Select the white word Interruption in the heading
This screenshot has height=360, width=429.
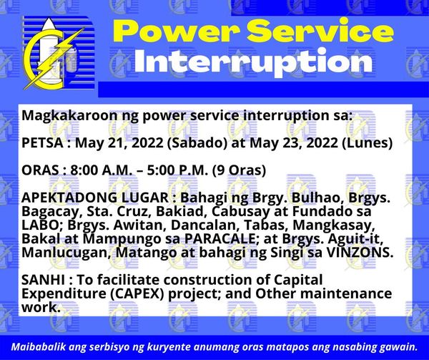click(x=253, y=62)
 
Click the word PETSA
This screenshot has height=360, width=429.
click(x=42, y=142)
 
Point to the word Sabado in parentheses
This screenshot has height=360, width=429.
click(x=197, y=143)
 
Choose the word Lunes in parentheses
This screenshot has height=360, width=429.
click(x=368, y=143)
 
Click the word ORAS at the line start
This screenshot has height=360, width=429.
click(x=40, y=170)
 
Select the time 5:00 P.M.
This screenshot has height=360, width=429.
click(x=177, y=170)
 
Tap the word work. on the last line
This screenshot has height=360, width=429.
click(x=41, y=308)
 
